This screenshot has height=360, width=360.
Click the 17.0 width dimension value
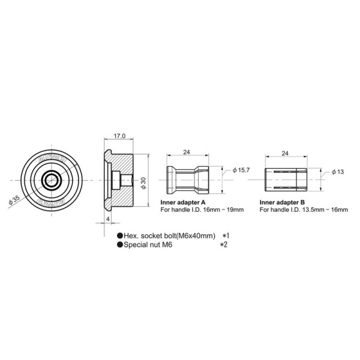[x=119, y=136]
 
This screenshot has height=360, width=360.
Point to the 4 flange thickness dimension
[x=107, y=220]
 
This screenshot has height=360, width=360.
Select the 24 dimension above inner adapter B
[x=286, y=154]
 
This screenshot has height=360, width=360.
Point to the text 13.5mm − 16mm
[x=327, y=210]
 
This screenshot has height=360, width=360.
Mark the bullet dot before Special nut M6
[x=120, y=245]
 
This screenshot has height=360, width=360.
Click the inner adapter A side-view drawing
[x=188, y=179]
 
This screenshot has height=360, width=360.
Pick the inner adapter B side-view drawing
[x=286, y=179]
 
